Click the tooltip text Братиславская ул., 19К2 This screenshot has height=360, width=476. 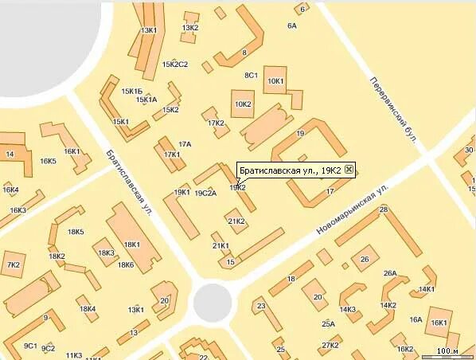coord(290,170)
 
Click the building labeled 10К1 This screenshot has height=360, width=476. coord(276,80)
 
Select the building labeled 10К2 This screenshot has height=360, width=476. coord(243,104)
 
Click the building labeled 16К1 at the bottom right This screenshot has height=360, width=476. coord(439,322)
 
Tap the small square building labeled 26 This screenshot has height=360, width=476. coord(365,260)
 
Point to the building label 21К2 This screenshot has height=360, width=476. coord(236,221)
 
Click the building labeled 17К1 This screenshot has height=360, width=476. coord(171,154)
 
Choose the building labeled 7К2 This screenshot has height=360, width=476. coord(14,264)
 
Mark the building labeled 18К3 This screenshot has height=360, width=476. coord(106,253)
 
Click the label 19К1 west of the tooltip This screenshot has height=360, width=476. coord(181,192)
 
